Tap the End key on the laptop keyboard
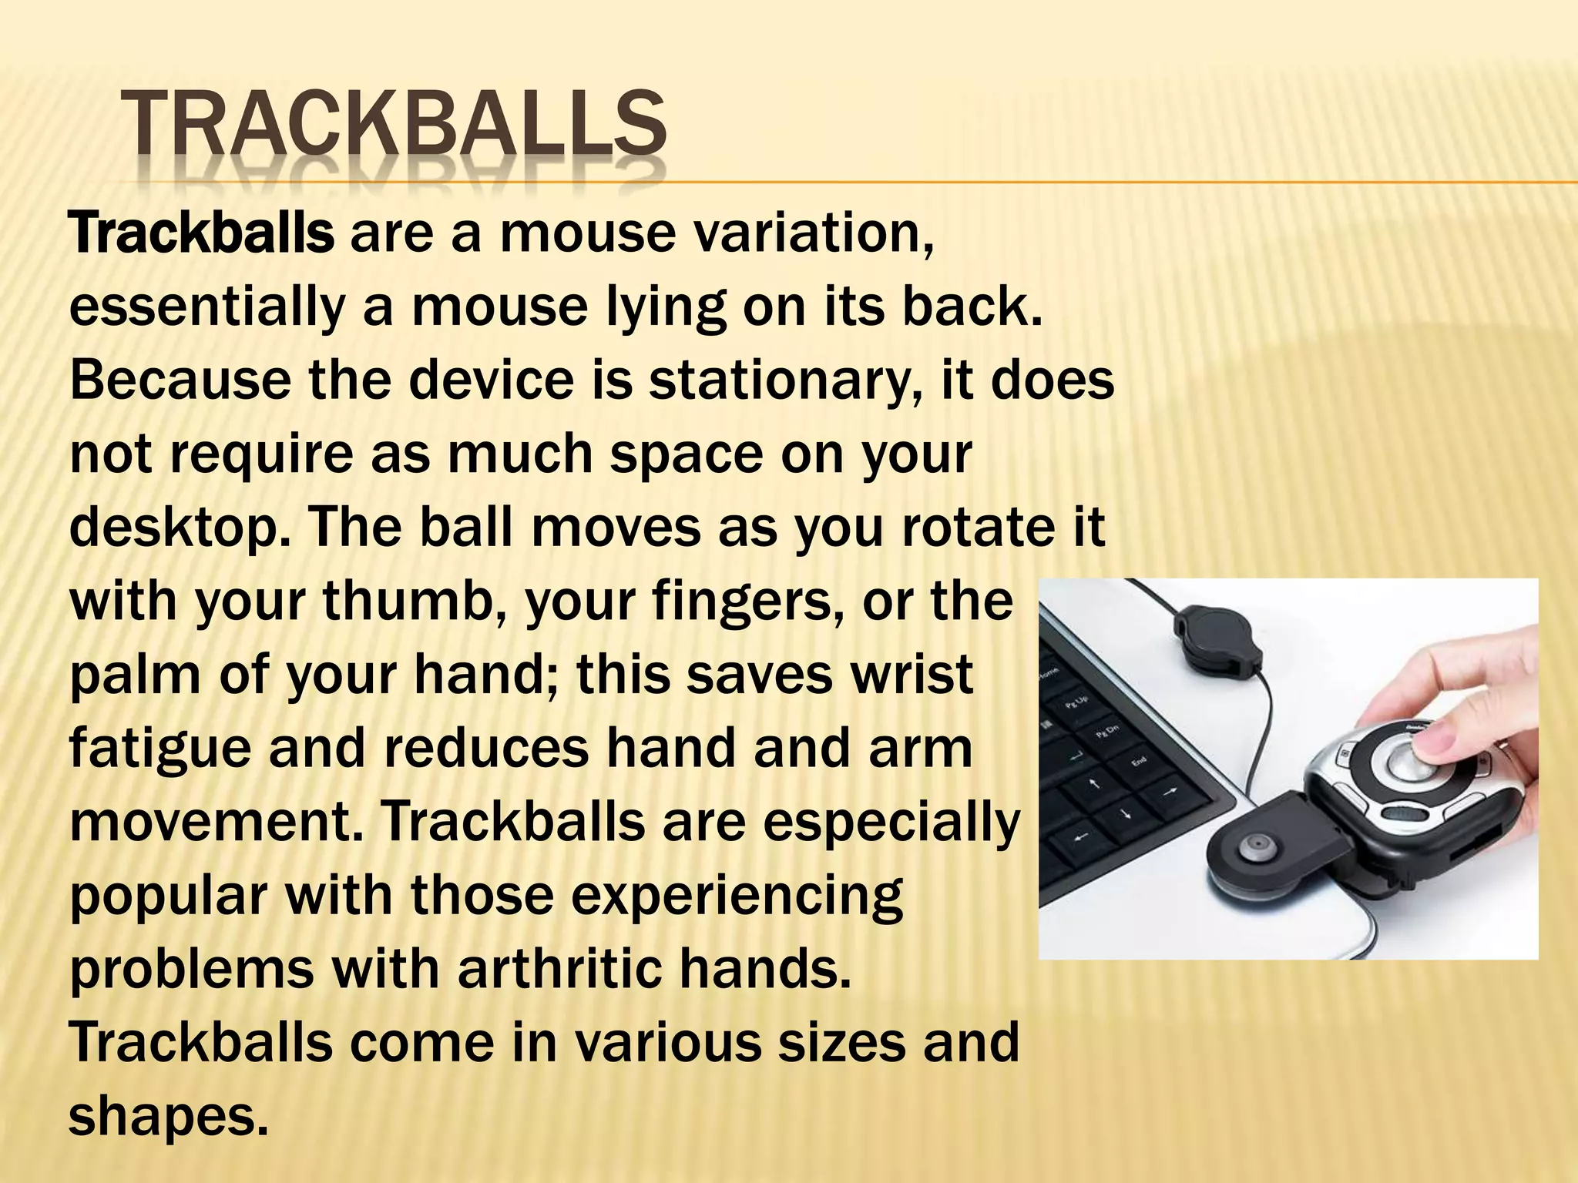point(1140,761)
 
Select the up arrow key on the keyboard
point(1093,786)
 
